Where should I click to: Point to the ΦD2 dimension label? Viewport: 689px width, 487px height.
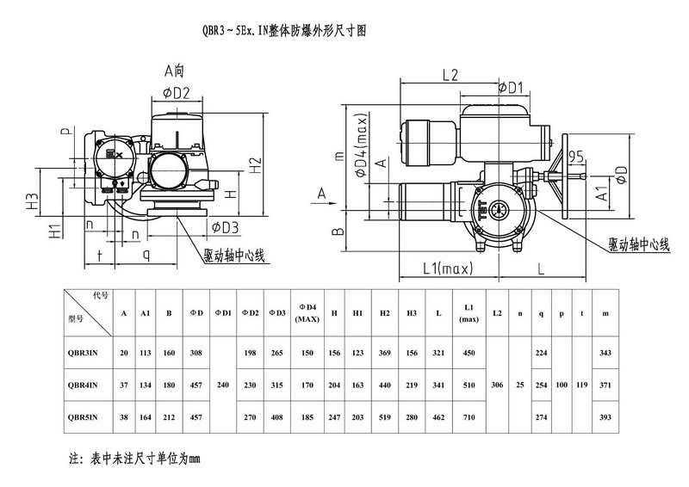176,92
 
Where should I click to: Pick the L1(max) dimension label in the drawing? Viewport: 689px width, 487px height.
448,270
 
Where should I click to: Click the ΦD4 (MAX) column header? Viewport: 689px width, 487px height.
307,312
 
